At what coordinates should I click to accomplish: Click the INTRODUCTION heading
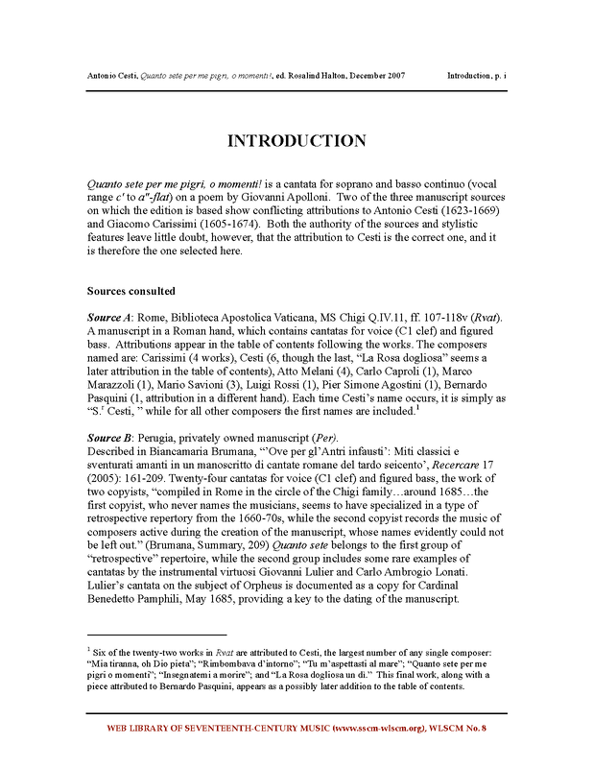click(296, 141)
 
